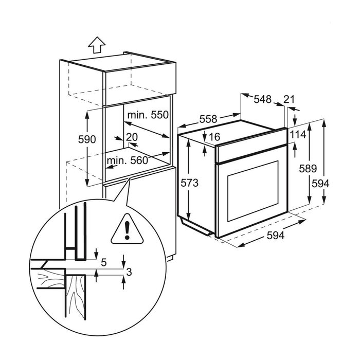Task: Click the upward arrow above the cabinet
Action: point(95,45)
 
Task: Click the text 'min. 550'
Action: point(149,115)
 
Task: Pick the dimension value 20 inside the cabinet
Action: point(132,137)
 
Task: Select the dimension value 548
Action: point(262,100)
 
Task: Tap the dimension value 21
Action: point(290,100)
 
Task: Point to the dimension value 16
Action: point(214,137)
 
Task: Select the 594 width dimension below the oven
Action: point(275,236)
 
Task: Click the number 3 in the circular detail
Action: point(130,273)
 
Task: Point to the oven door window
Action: point(252,193)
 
